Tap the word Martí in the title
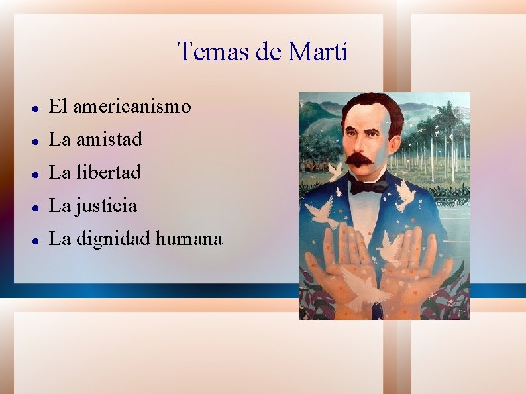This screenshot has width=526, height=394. point(317,52)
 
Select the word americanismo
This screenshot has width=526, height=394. point(132,106)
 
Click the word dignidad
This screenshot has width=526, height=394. point(113,239)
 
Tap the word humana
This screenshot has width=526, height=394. point(189,239)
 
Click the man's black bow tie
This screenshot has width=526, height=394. point(369,187)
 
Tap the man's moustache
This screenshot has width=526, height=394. point(361,159)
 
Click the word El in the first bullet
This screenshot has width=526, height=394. point(58,106)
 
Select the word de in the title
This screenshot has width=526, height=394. point(268,52)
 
